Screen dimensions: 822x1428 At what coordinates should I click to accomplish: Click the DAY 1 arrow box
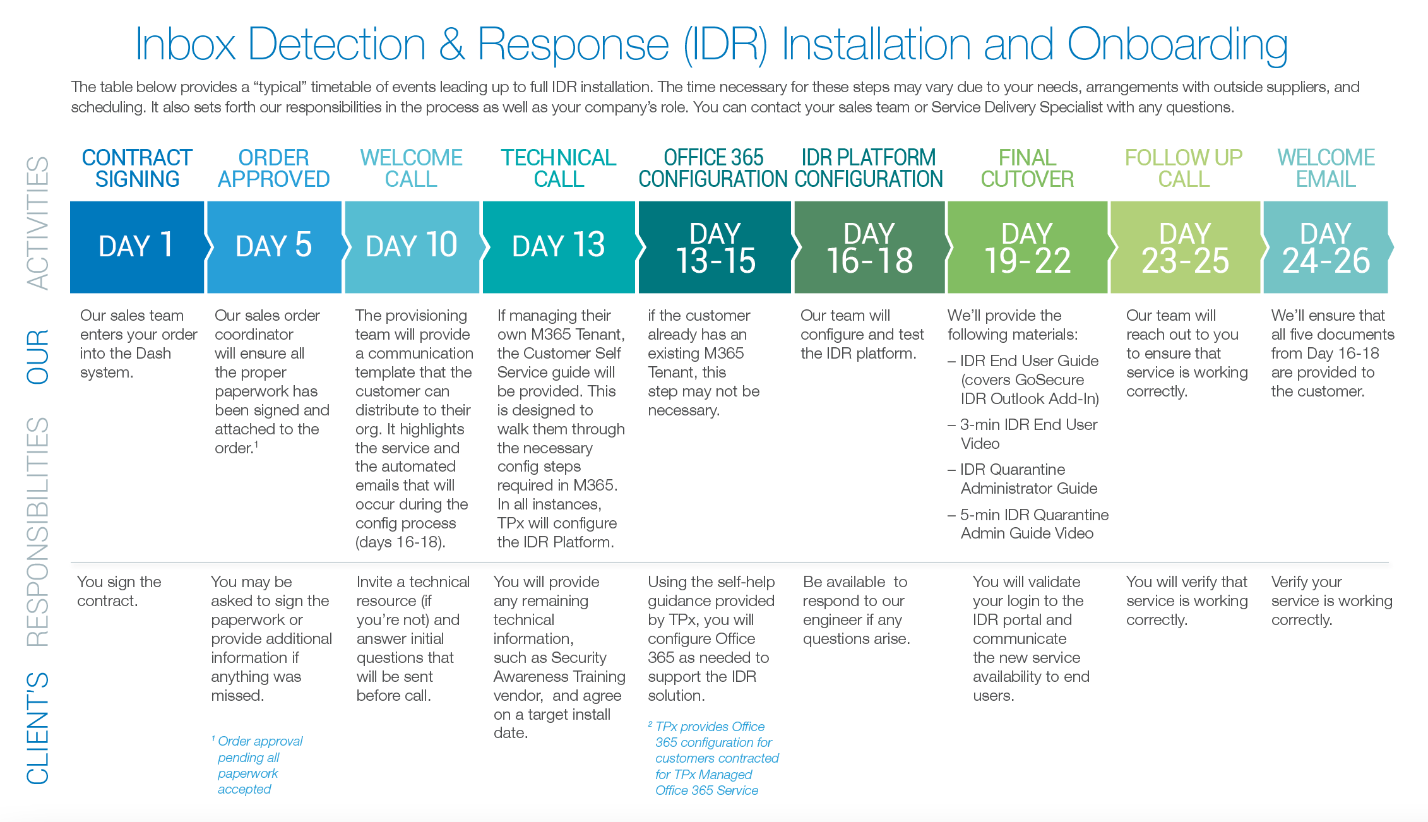tap(136, 247)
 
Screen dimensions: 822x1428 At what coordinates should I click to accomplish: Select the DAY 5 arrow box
tap(274, 247)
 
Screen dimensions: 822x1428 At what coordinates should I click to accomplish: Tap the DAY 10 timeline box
tap(412, 247)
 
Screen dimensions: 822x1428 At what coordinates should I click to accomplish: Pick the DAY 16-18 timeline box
tap(869, 248)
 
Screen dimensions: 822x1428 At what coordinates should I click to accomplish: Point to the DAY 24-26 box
tap(1326, 248)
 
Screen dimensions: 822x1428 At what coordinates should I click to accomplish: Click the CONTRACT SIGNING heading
tap(137, 168)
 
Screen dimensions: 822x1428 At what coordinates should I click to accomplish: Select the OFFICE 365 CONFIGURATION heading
tap(713, 168)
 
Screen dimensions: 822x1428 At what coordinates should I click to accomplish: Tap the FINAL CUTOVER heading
tap(1027, 168)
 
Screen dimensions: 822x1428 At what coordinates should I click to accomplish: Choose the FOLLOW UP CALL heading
tap(1184, 168)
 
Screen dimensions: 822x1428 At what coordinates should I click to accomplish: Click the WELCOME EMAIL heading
tap(1326, 168)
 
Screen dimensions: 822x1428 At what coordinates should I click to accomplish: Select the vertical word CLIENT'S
tap(38, 727)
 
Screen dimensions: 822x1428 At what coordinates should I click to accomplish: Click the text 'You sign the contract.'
tap(119, 591)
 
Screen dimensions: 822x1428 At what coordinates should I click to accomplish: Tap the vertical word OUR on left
tap(38, 357)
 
